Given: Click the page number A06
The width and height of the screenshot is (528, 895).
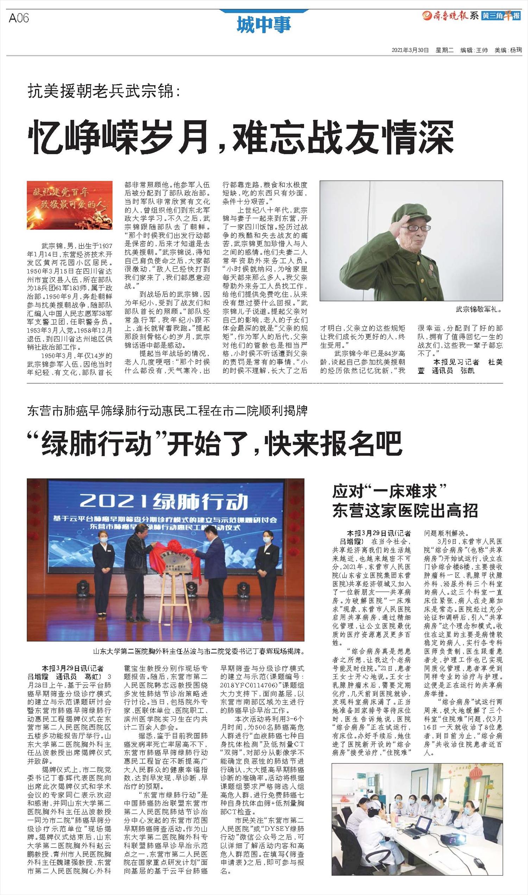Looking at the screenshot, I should click(x=19, y=18).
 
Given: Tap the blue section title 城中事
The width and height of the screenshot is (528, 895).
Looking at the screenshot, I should click(x=264, y=25).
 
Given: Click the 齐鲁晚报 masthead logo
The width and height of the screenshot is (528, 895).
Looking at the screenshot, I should click(x=451, y=15).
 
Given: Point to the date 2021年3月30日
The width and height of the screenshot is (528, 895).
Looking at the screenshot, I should click(x=410, y=50).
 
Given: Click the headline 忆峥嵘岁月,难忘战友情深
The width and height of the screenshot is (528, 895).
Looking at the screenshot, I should click(x=240, y=137).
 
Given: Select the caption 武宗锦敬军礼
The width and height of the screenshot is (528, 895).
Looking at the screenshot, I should click(x=479, y=309).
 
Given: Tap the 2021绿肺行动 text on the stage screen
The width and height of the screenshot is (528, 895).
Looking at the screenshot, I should click(x=163, y=501).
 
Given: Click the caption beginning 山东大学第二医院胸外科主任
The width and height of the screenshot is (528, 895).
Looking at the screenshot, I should click(x=199, y=652).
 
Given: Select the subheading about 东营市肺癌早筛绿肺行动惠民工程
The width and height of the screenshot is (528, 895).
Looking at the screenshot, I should click(x=167, y=411).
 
